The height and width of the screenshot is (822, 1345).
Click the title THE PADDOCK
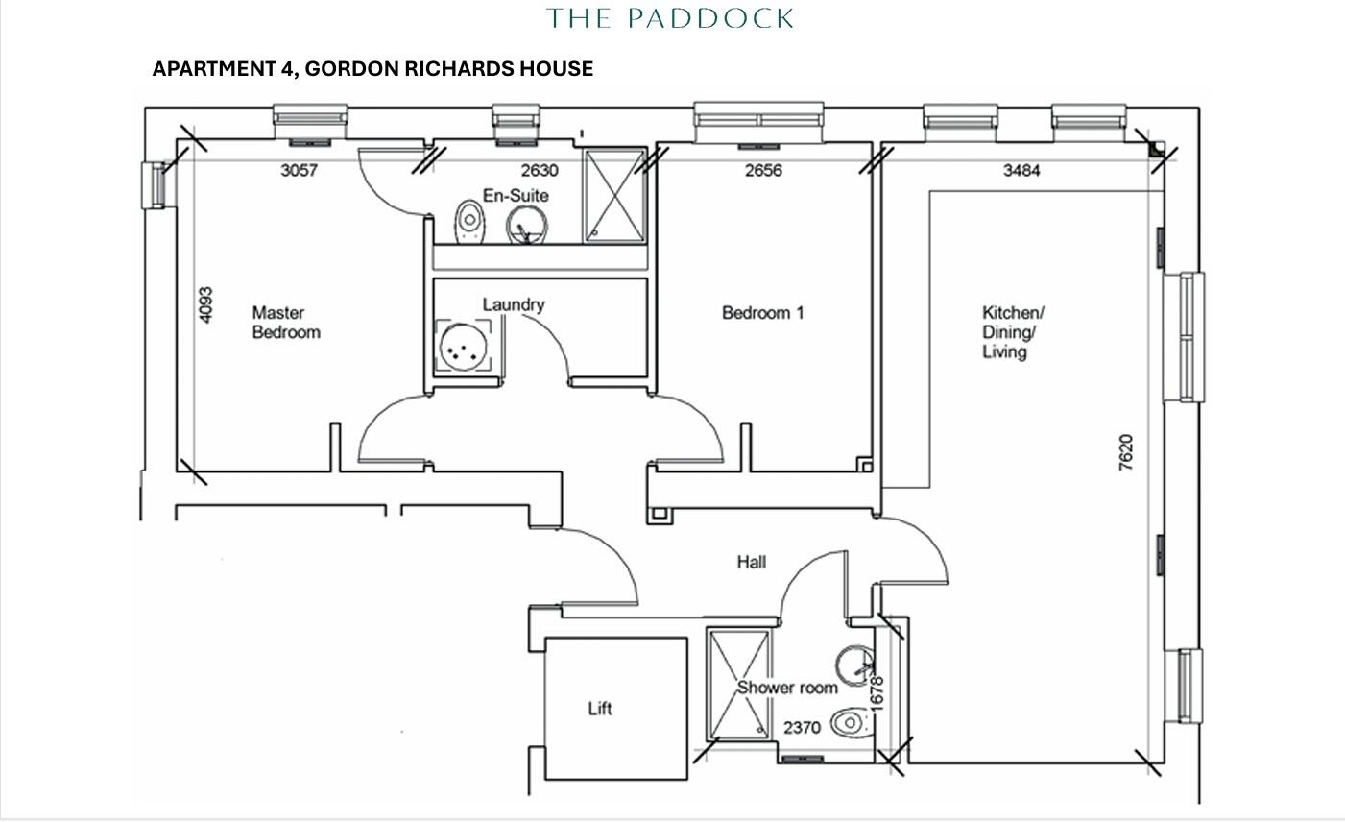tap(670, 18)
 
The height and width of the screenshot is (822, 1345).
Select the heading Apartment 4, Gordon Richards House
tap(372, 69)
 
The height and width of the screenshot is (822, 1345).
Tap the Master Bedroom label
tap(285, 323)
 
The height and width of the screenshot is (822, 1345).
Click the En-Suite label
tap(516, 196)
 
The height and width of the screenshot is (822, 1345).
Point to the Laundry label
tap(514, 305)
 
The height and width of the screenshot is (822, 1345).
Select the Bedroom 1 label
tap(762, 313)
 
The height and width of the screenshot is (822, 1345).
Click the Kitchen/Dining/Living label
tap(1012, 332)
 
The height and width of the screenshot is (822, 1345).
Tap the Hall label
tap(752, 562)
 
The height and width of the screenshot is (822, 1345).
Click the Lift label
tap(600, 709)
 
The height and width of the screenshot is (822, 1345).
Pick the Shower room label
tap(787, 688)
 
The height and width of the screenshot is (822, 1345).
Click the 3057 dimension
tap(298, 171)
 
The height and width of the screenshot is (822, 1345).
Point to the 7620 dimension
tap(1126, 452)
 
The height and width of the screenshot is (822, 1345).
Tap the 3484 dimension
tap(1021, 171)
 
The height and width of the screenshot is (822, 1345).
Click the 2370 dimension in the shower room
tap(802, 728)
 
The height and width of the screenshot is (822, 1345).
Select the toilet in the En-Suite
tap(468, 222)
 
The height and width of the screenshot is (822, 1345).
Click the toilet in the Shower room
tap(849, 722)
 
